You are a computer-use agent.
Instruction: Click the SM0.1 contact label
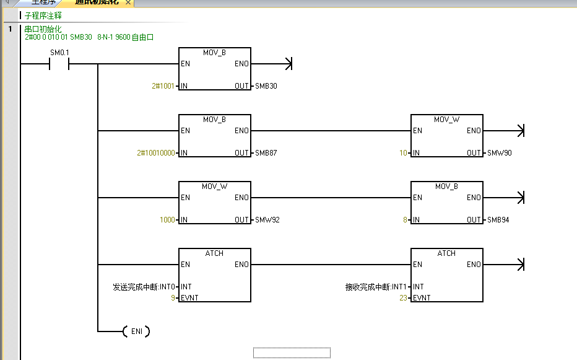60,53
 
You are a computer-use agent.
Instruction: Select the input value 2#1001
164,86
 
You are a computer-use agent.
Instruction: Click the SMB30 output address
266,86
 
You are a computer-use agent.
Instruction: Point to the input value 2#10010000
156,153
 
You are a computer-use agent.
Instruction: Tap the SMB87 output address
266,153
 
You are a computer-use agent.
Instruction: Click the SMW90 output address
500,153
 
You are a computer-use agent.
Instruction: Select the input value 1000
167,220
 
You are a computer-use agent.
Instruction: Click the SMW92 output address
267,220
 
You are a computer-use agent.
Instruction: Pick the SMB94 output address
498,220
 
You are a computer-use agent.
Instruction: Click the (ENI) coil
137,331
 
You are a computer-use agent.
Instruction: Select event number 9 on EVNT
173,298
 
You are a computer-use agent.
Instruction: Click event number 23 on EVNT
403,298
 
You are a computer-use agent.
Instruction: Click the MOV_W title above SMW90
446,120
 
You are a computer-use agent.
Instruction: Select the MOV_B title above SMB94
446,187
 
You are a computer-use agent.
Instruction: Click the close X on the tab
128,3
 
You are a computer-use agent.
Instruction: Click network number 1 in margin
10,29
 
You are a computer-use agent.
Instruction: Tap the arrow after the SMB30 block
287,64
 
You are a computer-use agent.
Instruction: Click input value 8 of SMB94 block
406,220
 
